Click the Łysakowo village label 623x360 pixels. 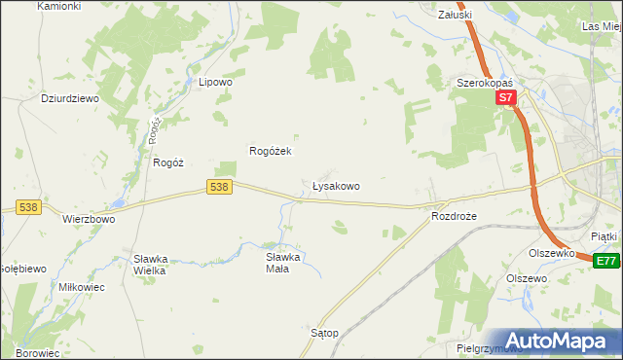pyautogui.click(x=336, y=185)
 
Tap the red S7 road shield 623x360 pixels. pyautogui.click(x=504, y=98)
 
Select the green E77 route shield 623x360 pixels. pyautogui.click(x=606, y=260)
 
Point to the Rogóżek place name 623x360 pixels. pyautogui.click(x=271, y=151)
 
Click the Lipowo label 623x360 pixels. pyautogui.click(x=215, y=83)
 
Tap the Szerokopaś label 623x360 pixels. pyautogui.click(x=485, y=84)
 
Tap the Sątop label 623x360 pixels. pyautogui.click(x=323, y=333)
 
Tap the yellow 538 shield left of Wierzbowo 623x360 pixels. pyautogui.click(x=27, y=206)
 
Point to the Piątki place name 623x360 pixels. pyautogui.click(x=604, y=236)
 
